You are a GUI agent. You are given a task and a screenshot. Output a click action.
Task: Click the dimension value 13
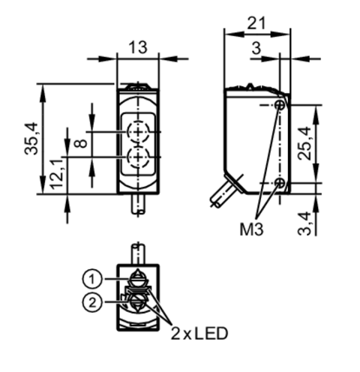(136, 46)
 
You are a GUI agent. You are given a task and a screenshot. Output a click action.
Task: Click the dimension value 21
(257, 23)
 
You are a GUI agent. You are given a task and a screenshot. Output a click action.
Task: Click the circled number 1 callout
(91, 279)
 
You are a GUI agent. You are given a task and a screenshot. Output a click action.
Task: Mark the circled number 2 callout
(91, 303)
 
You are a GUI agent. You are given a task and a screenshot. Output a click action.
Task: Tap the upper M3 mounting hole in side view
(279, 106)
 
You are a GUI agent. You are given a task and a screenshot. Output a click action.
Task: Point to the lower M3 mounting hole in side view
(279, 184)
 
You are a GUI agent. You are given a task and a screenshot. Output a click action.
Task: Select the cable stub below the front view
(138, 204)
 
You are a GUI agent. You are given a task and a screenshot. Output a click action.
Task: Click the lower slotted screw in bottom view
(137, 302)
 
